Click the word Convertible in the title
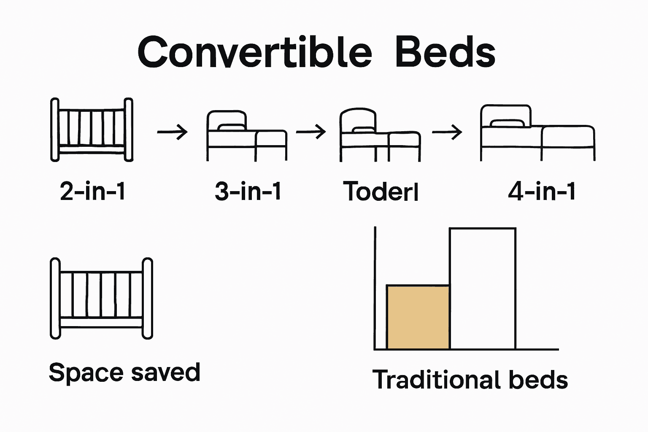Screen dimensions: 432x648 (254, 52)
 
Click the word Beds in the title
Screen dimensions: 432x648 (445, 52)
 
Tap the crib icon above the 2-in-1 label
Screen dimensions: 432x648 (92, 130)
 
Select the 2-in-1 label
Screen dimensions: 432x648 (92, 191)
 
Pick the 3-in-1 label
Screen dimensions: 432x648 (248, 191)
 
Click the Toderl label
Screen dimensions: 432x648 (381, 191)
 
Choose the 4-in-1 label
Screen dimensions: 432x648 (542, 191)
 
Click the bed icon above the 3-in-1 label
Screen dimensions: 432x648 (247, 136)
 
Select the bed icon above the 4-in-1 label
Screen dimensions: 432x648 (538, 133)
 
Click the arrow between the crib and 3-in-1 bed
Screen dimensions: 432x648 (172, 132)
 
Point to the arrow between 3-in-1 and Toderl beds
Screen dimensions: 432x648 (311, 132)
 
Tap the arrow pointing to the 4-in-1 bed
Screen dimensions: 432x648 (447, 132)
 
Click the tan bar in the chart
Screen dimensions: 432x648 (418, 317)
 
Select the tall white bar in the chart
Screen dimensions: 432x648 (483, 289)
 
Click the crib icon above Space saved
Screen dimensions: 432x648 (101, 299)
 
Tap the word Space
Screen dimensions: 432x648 (86, 373)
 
